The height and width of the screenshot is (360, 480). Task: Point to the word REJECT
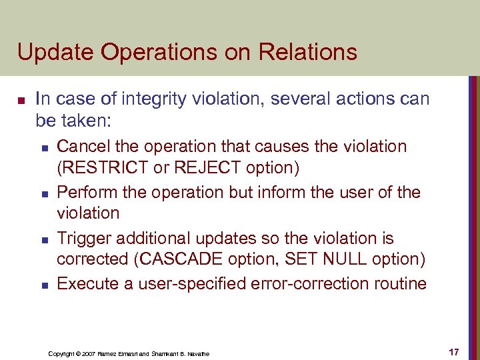205,168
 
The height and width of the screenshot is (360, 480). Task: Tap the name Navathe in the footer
197,353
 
